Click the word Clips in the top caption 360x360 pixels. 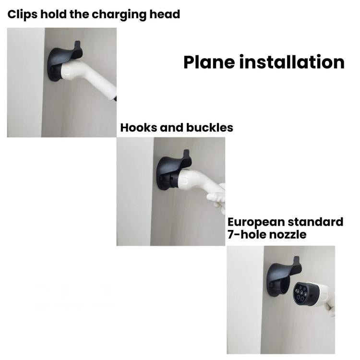coord(22,14)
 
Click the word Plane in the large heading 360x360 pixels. coord(209,62)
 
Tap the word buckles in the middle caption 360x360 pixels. coord(210,127)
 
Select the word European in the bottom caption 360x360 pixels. coord(256,223)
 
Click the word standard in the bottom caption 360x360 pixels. coord(315,222)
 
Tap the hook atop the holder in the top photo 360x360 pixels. coord(77,45)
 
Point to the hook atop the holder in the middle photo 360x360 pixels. coord(186,154)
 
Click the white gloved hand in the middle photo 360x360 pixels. coord(217,198)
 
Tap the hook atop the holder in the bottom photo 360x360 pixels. coord(296,261)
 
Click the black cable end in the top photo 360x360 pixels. coord(115,99)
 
